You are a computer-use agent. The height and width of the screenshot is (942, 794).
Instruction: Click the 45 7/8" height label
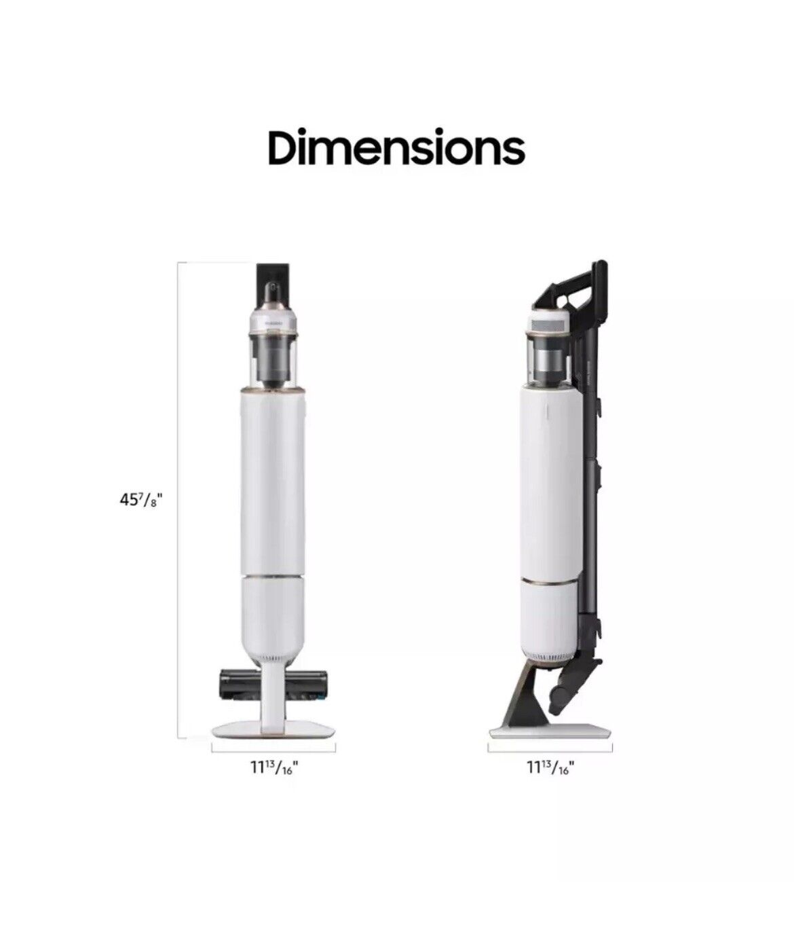(140, 501)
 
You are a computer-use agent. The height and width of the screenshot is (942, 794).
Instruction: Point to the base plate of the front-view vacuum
(273, 729)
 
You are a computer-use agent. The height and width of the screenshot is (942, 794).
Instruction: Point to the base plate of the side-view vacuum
(550, 731)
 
